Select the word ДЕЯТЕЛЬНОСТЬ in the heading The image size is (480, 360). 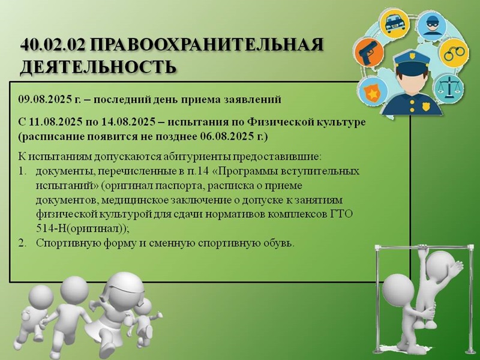point(98,67)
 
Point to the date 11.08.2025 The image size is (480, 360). point(56,122)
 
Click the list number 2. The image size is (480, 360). point(22,243)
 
